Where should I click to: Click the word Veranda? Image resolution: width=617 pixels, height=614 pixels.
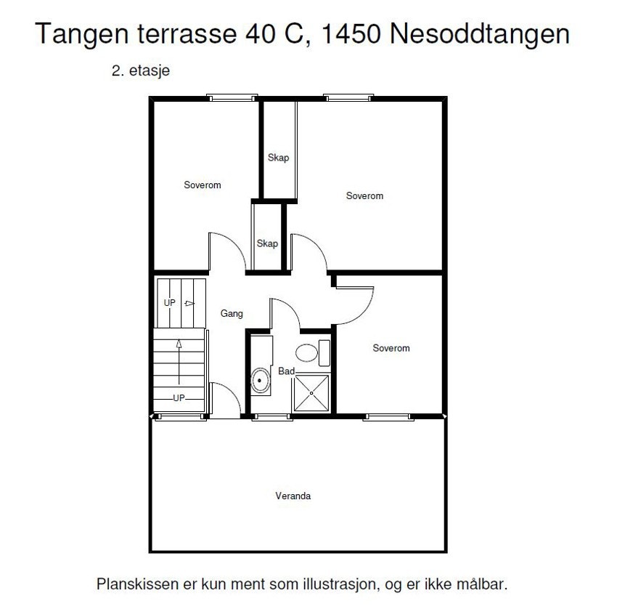293,496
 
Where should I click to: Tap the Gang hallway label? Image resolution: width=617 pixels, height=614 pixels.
232,314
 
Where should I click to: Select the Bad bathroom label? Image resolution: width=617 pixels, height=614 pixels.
286,371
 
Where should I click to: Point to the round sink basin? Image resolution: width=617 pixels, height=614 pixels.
259,380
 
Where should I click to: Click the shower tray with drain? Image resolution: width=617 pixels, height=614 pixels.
312,393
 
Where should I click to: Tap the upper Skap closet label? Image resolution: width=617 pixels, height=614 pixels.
278,158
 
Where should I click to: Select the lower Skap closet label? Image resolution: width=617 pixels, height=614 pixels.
267,243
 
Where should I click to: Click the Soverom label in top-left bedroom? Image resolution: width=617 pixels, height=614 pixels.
203,185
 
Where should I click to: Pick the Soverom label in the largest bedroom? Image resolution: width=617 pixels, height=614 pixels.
364,196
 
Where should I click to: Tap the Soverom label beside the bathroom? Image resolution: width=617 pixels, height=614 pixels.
391,348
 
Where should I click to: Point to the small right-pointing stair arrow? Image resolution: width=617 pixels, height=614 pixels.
189,303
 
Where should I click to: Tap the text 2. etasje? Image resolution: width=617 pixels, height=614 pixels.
141,72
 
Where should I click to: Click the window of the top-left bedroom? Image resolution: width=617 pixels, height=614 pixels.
232,97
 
